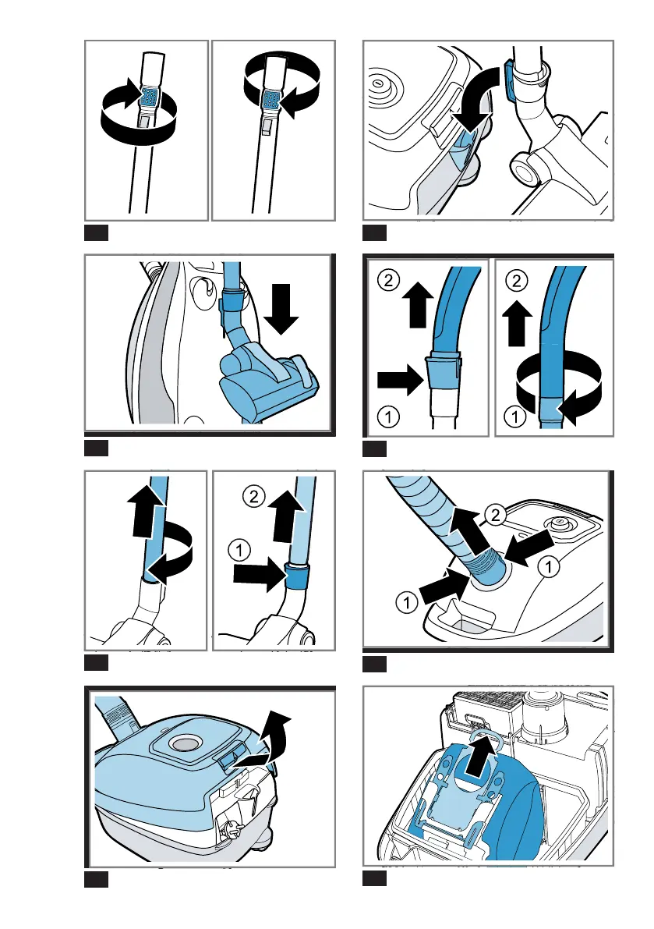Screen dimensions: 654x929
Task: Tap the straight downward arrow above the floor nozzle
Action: click(x=281, y=308)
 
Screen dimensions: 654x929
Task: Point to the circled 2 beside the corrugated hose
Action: click(x=496, y=515)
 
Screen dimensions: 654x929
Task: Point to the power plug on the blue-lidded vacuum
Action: click(x=229, y=829)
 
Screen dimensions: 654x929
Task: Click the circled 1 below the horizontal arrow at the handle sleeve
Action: click(x=388, y=417)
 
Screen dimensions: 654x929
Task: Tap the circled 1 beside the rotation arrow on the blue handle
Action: click(x=515, y=417)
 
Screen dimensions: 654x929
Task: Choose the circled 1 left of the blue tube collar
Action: click(x=239, y=551)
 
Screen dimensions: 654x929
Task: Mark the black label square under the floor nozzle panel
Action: click(x=96, y=448)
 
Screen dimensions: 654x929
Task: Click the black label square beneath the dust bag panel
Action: click(x=374, y=879)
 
